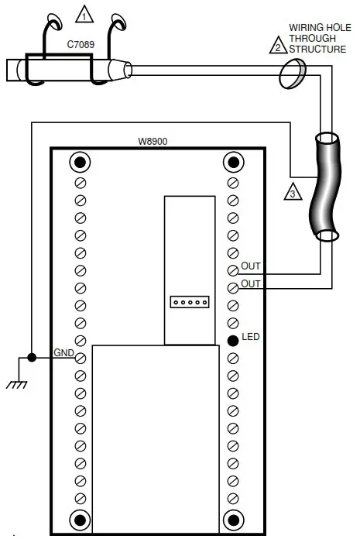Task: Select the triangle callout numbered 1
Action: (x=83, y=13)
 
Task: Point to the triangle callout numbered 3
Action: (x=291, y=192)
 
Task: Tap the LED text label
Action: (x=250, y=338)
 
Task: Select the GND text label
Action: (x=63, y=353)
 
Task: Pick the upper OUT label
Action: (x=251, y=266)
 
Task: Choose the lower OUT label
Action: (x=251, y=284)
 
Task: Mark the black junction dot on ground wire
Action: (x=31, y=358)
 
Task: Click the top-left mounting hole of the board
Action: (x=80, y=162)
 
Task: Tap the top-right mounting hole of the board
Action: (x=232, y=162)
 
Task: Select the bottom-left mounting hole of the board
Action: (x=80, y=518)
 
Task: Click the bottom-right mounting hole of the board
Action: (x=232, y=518)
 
